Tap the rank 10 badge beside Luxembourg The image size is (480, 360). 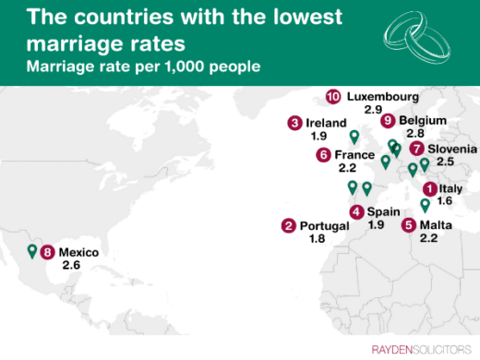[333, 96]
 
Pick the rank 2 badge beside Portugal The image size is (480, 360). [289, 226]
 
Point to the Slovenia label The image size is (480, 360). [452, 149]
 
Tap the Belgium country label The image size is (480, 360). [424, 121]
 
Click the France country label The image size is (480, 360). [354, 155]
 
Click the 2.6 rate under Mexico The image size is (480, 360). [72, 265]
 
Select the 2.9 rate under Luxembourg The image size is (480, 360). [373, 109]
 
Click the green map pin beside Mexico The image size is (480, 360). [32, 250]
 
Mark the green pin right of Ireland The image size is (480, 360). [354, 136]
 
